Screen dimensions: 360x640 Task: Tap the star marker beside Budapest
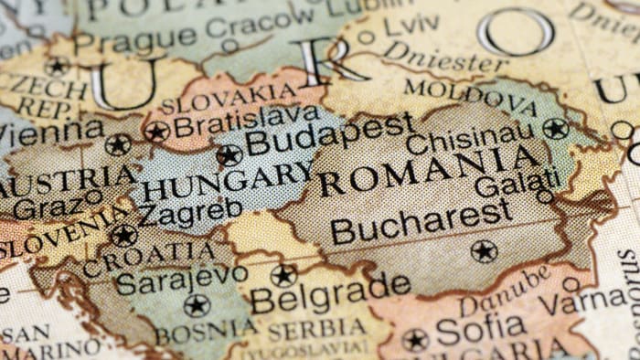point(229,155)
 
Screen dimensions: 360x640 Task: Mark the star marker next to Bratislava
point(156,132)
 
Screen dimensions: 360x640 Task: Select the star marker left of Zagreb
point(123,235)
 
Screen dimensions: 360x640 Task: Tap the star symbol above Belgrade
point(283,274)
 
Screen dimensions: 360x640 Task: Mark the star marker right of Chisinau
point(555,129)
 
